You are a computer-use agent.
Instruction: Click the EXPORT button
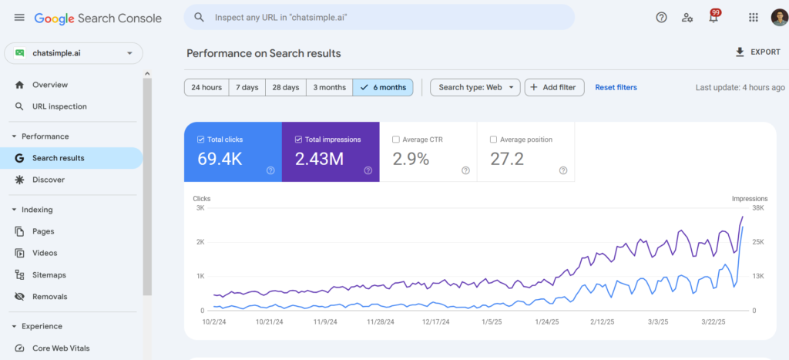pos(758,52)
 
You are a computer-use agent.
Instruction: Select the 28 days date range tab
pos(285,87)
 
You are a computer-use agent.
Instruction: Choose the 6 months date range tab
pos(383,87)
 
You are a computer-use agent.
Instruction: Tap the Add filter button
pos(554,87)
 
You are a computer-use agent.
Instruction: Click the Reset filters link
pos(616,87)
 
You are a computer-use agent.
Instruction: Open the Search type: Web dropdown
pos(475,87)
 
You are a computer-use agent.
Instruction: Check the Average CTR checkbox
pos(396,140)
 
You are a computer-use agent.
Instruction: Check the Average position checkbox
pos(493,140)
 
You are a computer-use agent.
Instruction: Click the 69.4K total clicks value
pos(221,160)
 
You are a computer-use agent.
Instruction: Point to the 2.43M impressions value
pos(319,160)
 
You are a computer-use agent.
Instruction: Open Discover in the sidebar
pos(49,180)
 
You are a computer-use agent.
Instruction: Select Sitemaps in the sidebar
pos(49,274)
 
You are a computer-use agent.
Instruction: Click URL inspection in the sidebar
pos(59,106)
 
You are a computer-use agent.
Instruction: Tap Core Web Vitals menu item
pos(61,348)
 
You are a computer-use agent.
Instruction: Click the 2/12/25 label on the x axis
pos(606,322)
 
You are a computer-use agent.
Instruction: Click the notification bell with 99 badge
pos(713,18)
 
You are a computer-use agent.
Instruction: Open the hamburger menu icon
pos(19,17)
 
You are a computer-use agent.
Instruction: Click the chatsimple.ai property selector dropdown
pos(73,53)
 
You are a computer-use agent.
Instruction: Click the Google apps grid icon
pos(753,17)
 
